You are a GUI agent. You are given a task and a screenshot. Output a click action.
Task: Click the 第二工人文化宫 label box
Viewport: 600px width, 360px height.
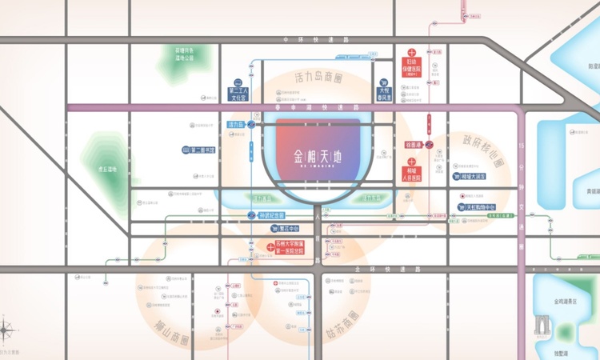[x=237, y=94]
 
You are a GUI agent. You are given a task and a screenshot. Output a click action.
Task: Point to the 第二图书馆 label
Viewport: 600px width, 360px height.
[x=202, y=150]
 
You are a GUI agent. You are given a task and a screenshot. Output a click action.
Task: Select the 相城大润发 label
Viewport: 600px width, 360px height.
[x=473, y=175]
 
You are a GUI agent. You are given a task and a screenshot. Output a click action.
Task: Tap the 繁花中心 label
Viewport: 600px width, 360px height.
[x=278, y=228]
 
